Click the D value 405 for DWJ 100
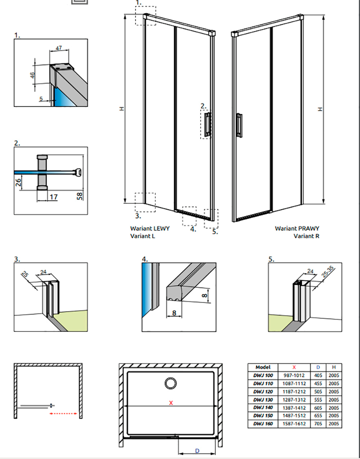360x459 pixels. point(318,375)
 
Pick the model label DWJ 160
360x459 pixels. point(263,424)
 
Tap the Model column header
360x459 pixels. point(263,367)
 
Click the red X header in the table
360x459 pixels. point(294,367)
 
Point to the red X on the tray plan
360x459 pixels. point(171,403)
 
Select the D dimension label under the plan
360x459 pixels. point(197,451)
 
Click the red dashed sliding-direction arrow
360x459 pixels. point(64,414)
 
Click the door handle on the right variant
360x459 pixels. point(239,125)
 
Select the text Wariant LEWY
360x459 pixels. point(150,228)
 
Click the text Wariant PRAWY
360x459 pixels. point(297,228)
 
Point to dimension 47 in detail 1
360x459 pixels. point(59,48)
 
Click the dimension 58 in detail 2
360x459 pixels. point(80,196)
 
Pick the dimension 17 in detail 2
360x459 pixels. point(53,197)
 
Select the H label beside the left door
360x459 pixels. point(122,108)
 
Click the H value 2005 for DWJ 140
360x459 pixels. point(334,407)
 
